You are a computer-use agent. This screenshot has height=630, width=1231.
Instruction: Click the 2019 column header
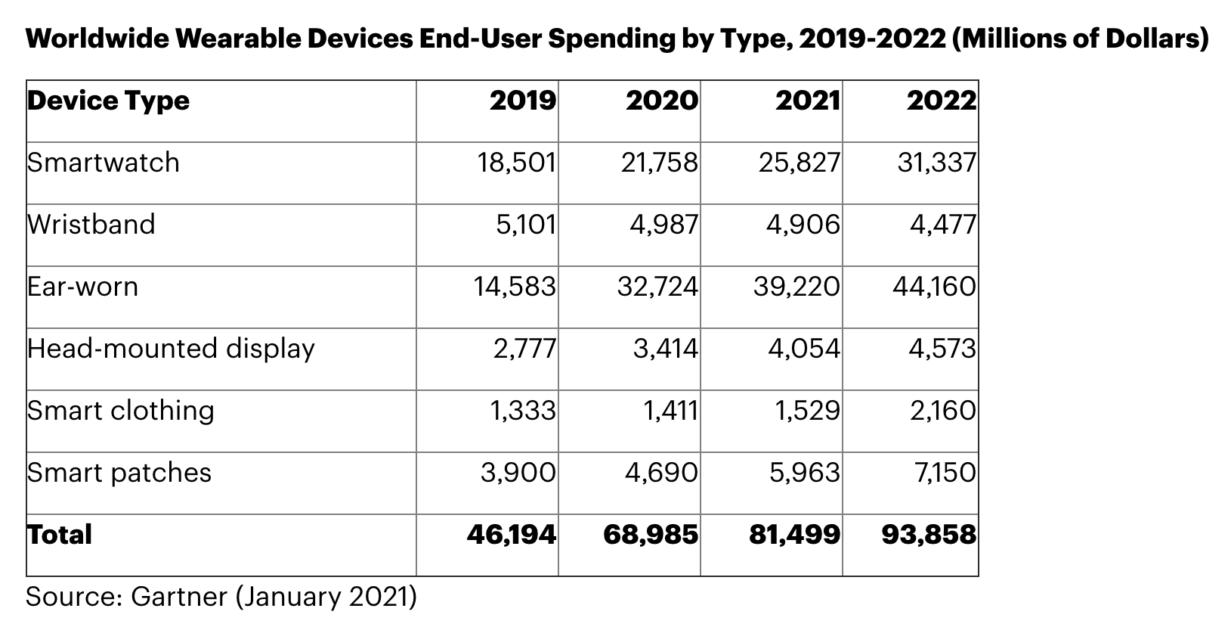tap(522, 101)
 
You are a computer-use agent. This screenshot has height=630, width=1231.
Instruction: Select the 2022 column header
tap(941, 101)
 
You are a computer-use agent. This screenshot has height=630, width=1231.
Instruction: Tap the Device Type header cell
tap(108, 101)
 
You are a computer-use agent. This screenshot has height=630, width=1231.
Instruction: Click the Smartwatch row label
tap(103, 163)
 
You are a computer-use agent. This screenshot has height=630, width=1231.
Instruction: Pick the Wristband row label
tap(91, 225)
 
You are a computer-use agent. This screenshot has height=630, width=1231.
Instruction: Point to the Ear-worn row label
tap(82, 287)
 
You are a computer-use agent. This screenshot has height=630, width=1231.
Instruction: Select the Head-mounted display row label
tap(171, 349)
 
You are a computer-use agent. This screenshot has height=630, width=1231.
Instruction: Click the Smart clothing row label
tap(120, 411)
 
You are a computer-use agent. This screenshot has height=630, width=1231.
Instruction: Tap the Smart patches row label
tap(119, 473)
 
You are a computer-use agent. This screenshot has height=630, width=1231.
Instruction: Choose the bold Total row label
tap(59, 535)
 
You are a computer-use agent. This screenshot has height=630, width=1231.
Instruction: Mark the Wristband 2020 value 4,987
tap(663, 225)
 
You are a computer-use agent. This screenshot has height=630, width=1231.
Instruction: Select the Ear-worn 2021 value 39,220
tap(796, 287)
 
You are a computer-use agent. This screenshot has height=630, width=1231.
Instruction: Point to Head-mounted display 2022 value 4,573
tap(942, 349)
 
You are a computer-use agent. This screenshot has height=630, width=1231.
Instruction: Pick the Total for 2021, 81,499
tap(794, 535)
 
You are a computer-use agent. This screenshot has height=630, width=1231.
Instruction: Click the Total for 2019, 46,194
tap(512, 535)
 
